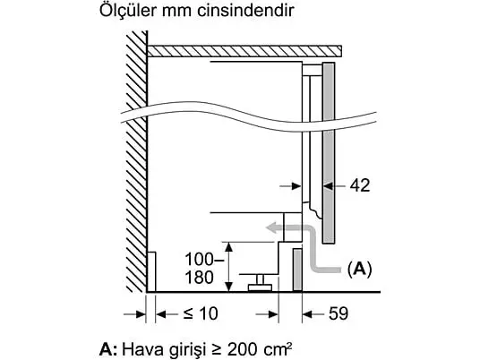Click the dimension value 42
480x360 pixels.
coord(360,185)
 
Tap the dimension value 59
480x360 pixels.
coord(339,313)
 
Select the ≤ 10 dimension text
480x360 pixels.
coord(201,313)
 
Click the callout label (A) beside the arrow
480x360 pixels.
coord(359,269)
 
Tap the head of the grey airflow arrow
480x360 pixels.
coord(272,228)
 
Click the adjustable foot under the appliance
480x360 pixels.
coord(260,283)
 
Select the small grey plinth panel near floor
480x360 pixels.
coord(297,270)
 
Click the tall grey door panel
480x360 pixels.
coord(329,153)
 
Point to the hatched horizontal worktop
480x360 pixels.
coord(244,51)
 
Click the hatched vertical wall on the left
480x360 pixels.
coord(136,162)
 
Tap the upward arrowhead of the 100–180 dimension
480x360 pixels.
coord(228,246)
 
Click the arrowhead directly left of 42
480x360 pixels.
coord(328,185)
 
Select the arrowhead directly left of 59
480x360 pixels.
coord(307,314)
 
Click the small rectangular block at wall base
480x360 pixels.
coord(151,271)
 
